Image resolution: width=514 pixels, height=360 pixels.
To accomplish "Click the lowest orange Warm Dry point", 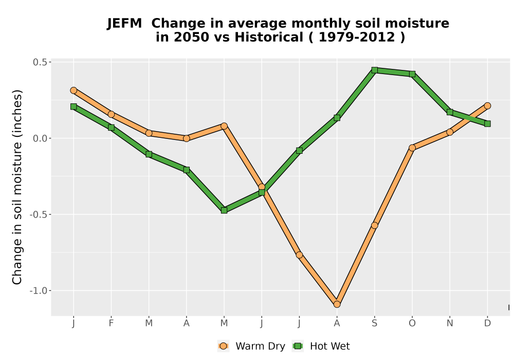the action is click(x=337, y=304).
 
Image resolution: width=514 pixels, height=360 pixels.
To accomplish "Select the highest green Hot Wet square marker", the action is click(x=374, y=70).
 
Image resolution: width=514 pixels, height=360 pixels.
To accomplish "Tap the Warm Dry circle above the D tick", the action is click(x=487, y=105).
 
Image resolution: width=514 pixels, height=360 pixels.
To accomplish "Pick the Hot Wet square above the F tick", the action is click(x=111, y=128).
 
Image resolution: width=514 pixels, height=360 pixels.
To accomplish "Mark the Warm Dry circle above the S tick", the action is click(x=374, y=226).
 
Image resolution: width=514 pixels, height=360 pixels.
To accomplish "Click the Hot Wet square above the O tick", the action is click(x=412, y=74).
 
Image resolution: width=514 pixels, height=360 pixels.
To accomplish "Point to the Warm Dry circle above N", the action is click(x=450, y=132).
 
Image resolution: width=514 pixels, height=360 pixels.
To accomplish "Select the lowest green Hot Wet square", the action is click(x=224, y=210).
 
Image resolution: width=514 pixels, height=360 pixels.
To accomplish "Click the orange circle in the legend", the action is click(x=223, y=346).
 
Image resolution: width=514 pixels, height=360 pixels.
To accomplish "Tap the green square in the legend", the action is click(x=298, y=346).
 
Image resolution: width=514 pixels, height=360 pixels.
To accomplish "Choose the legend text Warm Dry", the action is click(x=260, y=346).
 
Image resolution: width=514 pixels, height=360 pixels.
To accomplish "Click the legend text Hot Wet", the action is click(x=330, y=346).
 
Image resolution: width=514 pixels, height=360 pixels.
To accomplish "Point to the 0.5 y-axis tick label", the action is click(x=40, y=62).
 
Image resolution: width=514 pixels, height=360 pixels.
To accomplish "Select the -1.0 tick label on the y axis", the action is click(x=39, y=291).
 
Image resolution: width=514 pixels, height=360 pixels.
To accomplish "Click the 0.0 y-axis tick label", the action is click(x=40, y=138).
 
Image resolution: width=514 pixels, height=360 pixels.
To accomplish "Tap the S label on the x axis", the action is click(x=374, y=323).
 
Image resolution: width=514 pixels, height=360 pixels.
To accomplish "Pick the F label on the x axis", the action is click(x=111, y=323).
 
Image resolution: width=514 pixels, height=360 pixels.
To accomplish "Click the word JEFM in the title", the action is click(x=124, y=24).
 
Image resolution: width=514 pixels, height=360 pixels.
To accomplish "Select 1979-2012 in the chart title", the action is click(x=357, y=37).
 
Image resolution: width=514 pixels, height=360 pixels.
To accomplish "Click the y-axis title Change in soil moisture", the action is click(x=17, y=187).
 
